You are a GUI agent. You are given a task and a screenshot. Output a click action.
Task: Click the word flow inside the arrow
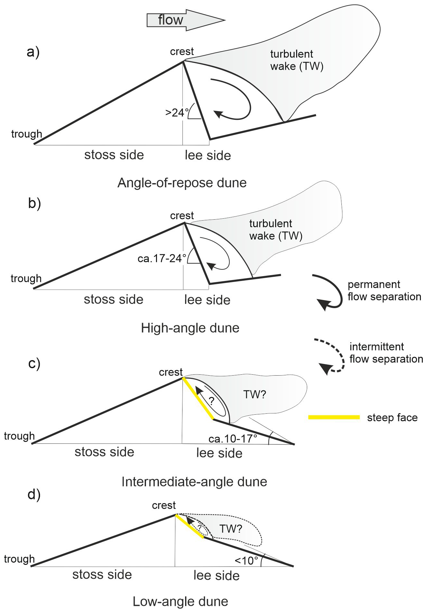pos(170,20)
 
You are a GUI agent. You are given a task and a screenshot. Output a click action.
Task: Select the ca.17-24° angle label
pos(162,258)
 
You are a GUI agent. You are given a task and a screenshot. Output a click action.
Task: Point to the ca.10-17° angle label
pos(233,439)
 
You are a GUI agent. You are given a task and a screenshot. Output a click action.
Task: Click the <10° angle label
pos(246,561)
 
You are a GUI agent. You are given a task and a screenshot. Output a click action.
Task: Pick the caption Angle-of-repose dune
pos(182,183)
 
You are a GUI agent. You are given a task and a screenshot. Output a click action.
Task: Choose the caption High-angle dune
pos(190,328)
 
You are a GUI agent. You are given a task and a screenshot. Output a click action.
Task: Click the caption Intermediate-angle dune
pos(194,482)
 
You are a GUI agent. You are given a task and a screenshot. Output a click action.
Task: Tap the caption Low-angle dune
pos(180,601)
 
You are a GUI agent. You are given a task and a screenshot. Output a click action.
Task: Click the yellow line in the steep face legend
pos(334,417)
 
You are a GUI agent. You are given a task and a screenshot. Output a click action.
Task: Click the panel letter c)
pos(34,363)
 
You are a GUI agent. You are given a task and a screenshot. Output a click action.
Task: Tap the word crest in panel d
pos(164,505)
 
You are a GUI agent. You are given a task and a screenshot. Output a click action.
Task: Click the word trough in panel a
pos(26,134)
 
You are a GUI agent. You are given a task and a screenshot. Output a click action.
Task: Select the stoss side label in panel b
pos(113,299)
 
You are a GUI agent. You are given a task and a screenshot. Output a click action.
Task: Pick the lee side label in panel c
pos(219,453)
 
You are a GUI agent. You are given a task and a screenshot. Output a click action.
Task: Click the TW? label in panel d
pos(231,529)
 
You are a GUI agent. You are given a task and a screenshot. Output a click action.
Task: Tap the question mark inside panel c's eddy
pos(211,401)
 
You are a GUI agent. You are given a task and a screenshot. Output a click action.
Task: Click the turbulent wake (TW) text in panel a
pos(297,60)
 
